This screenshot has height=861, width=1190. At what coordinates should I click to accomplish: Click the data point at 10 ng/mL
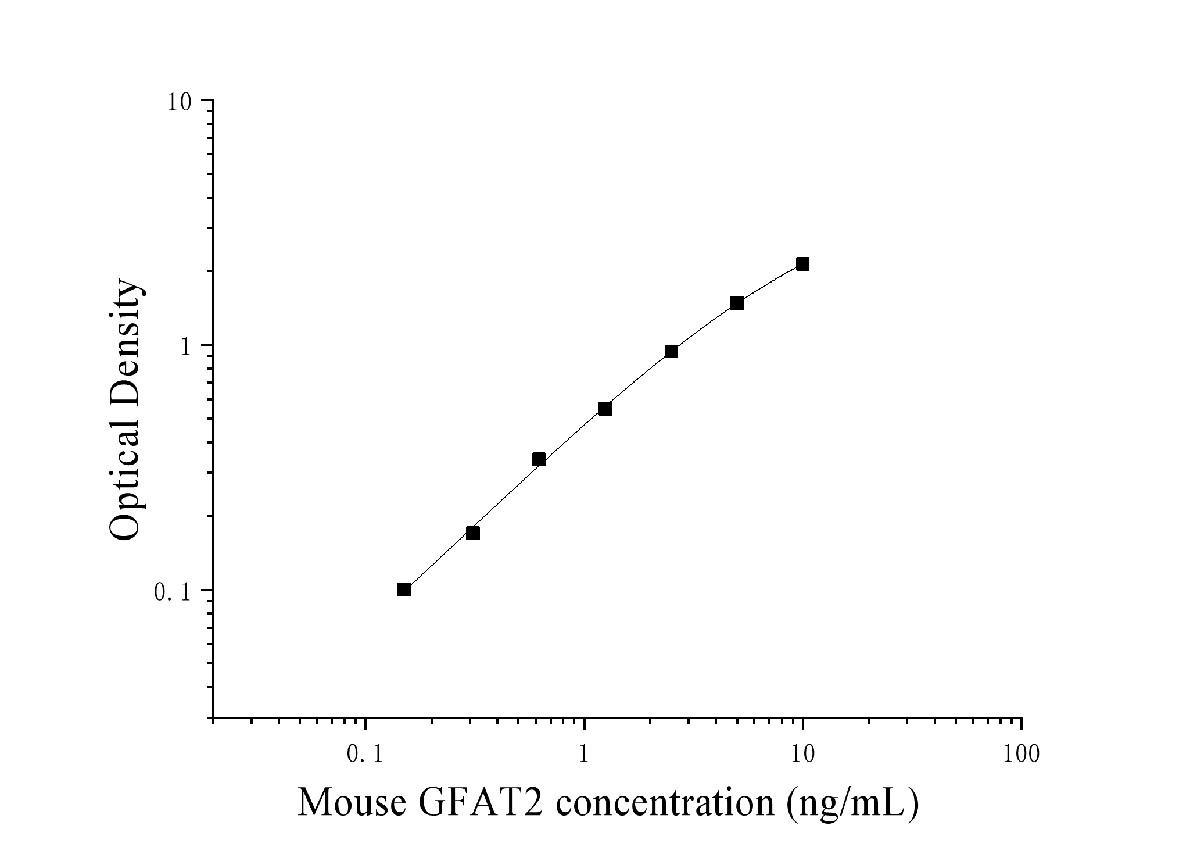click(x=802, y=264)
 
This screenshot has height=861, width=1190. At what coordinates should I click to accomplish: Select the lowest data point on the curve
click(x=404, y=590)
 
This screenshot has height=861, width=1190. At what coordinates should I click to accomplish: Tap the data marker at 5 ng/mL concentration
click(x=737, y=303)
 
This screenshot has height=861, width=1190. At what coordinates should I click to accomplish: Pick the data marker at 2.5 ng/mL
click(x=671, y=351)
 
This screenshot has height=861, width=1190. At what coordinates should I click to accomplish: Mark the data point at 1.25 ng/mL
click(x=605, y=409)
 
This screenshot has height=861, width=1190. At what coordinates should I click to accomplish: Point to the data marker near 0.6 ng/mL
click(x=539, y=459)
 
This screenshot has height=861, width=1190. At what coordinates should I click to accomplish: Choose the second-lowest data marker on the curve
click(x=473, y=533)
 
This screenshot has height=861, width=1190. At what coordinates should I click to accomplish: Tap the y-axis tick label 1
click(x=186, y=348)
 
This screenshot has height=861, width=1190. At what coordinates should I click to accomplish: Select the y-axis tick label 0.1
click(x=172, y=593)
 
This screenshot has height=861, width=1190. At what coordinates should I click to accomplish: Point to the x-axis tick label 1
click(x=584, y=755)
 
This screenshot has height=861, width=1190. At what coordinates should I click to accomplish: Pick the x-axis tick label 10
click(x=802, y=755)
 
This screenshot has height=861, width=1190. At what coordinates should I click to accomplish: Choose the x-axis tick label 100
click(x=1021, y=755)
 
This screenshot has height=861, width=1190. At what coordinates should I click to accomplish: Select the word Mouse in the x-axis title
click(x=352, y=803)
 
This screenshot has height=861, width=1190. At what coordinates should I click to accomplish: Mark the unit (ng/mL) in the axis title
click(x=852, y=803)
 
